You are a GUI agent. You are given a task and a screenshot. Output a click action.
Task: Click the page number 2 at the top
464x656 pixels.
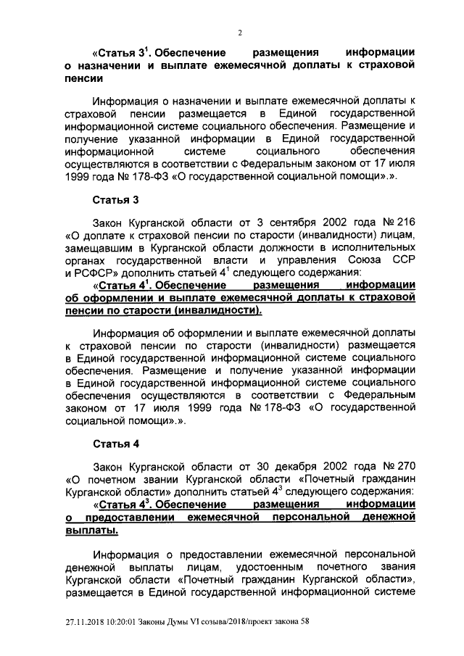(x=240, y=32)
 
